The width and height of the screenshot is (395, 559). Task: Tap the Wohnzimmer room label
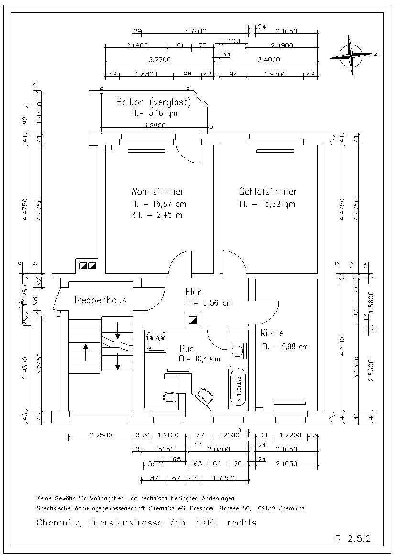pyautogui.click(x=157, y=191)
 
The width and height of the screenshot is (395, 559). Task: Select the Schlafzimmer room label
pyautogui.click(x=268, y=191)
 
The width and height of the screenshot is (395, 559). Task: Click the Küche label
pyautogui.click(x=272, y=333)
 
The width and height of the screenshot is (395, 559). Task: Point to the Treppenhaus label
pyautogui.click(x=100, y=300)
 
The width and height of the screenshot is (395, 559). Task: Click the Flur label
pyautogui.click(x=193, y=292)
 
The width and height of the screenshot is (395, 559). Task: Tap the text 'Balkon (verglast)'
pyautogui.click(x=154, y=102)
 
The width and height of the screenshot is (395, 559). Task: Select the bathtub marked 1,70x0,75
pyautogui.click(x=238, y=386)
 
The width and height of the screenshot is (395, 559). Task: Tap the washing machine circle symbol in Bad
pyautogui.click(x=237, y=351)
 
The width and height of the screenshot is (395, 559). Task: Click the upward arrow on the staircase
pyautogui.click(x=85, y=352)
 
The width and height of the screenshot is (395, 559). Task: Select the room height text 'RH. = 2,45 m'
pyautogui.click(x=156, y=215)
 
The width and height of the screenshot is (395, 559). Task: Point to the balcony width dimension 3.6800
pyautogui.click(x=155, y=126)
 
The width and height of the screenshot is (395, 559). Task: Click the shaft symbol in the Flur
pyautogui.click(x=193, y=320)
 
